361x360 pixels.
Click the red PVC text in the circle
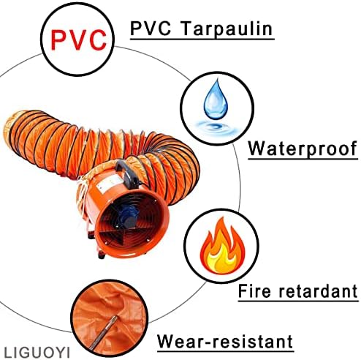click(x=78, y=40)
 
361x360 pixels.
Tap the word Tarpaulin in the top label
click(x=227, y=29)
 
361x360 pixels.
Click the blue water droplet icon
click(x=216, y=100)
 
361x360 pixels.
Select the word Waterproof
click(x=303, y=149)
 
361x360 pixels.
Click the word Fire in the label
click(x=254, y=291)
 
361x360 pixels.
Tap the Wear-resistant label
click(x=225, y=342)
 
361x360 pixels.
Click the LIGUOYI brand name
click(x=37, y=353)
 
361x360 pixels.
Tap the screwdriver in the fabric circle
click(x=102, y=332)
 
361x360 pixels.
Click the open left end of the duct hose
click(x=10, y=132)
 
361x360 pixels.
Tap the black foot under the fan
click(x=102, y=255)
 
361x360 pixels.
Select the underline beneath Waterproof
click(x=303, y=159)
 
